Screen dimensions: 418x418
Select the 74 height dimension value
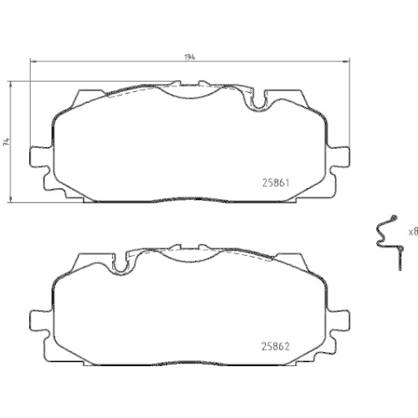pyautogui.click(x=6, y=142)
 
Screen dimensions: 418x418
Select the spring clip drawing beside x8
pyautogui.click(x=386, y=237)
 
